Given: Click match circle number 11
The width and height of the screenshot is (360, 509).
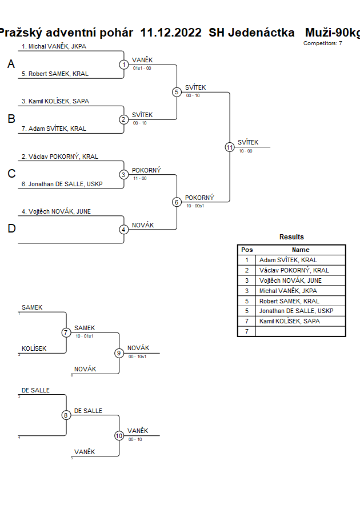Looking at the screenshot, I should tap(230, 147).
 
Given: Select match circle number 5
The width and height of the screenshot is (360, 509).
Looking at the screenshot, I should tap(177, 92).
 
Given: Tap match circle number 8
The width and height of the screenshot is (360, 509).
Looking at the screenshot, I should tap(66, 415).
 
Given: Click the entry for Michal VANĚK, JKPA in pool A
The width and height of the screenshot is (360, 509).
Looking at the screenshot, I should tap(54, 46).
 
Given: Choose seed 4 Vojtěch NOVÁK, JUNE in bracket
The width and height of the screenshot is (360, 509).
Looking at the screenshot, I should tap(56, 211).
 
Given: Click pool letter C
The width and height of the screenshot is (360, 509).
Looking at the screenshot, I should tap(11, 174).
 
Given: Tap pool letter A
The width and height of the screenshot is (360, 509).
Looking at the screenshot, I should tap(11, 65).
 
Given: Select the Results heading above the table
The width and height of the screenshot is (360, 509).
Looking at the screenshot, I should tap(291, 237).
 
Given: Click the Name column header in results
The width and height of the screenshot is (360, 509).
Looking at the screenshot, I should tap(301, 250).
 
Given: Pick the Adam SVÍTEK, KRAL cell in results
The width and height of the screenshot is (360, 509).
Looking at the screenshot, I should tap(288, 260).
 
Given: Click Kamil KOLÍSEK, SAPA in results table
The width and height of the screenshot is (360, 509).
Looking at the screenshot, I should tap(289, 321).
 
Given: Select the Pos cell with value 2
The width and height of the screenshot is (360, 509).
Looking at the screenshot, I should tap(247, 270).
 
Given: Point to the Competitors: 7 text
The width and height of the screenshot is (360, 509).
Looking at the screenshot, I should tap(323, 43).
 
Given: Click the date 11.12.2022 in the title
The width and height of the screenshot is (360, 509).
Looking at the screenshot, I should tap(171, 33).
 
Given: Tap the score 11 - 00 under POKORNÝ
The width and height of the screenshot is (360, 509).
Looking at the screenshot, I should tap(140, 178).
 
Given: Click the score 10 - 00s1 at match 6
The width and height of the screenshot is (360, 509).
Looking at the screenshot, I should tap(195, 206).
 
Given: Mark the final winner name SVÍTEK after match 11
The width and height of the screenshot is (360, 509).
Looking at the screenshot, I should tap(248, 142).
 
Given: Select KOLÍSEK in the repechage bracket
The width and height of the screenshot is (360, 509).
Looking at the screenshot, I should tap(34, 348).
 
